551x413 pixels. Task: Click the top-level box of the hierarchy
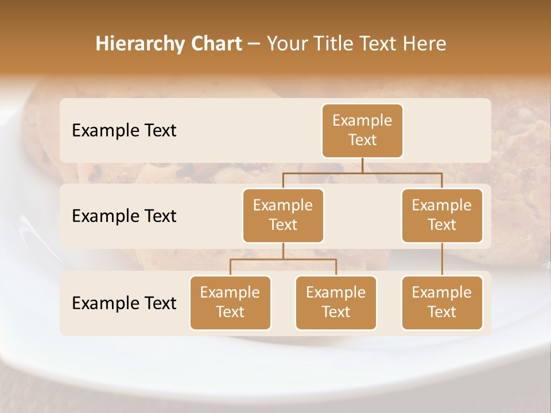362,130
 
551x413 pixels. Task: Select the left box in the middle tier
283,215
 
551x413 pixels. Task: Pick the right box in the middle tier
442,215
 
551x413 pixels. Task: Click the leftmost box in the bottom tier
230,302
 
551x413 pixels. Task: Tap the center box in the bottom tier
336,302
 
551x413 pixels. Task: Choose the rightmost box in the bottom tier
442,302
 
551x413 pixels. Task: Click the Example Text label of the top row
124,130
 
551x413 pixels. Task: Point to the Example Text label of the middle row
124,216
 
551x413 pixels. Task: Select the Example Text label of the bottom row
124,303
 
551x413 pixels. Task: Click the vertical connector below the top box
362,165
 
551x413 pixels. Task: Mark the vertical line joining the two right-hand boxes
442,259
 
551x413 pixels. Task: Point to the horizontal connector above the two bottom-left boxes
283,259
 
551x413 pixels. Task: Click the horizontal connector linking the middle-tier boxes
362,173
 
